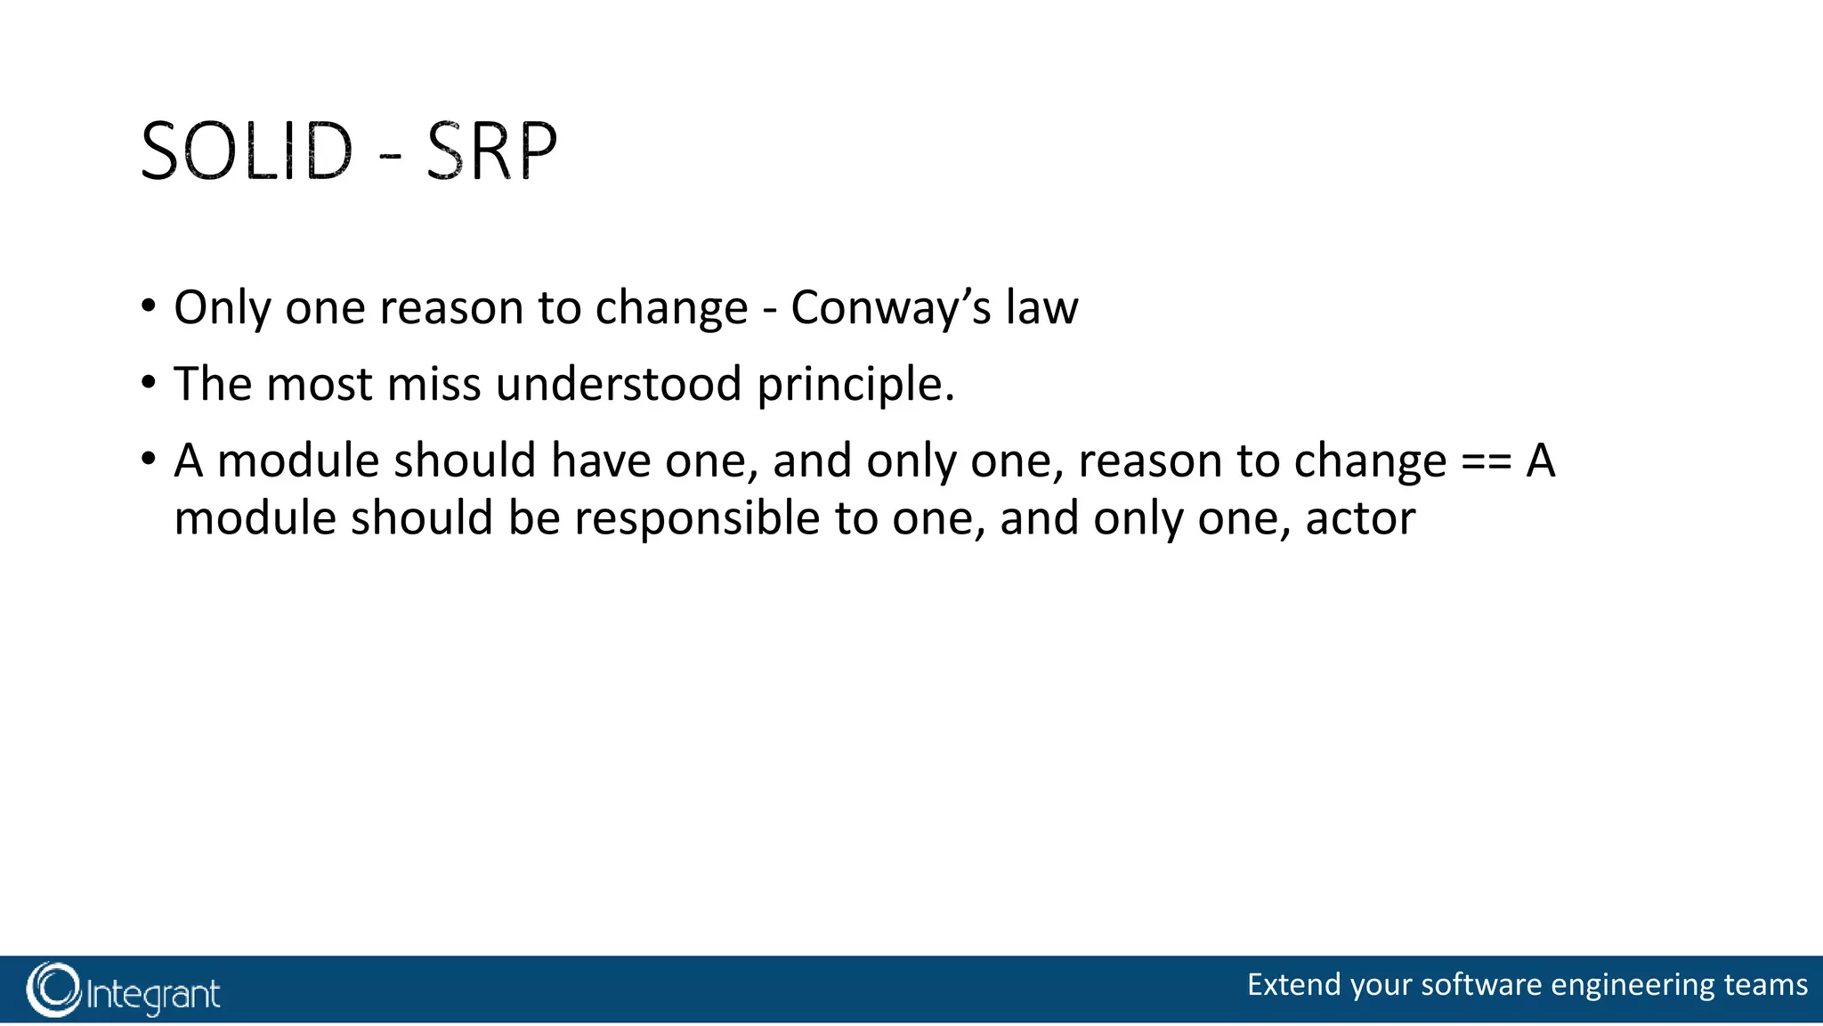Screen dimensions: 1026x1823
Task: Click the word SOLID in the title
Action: coord(247,151)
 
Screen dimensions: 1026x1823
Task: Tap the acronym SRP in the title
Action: coord(491,151)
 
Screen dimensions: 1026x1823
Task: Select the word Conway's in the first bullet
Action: coord(891,308)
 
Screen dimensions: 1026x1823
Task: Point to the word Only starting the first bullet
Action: coord(223,308)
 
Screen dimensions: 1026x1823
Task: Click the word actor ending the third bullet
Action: coord(1360,519)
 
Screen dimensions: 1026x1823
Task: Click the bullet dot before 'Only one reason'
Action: coord(149,307)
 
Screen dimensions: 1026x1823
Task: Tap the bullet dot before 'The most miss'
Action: coord(149,384)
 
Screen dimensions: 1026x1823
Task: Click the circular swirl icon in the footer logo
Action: coord(53,989)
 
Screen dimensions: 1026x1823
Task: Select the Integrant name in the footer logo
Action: coord(153,994)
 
